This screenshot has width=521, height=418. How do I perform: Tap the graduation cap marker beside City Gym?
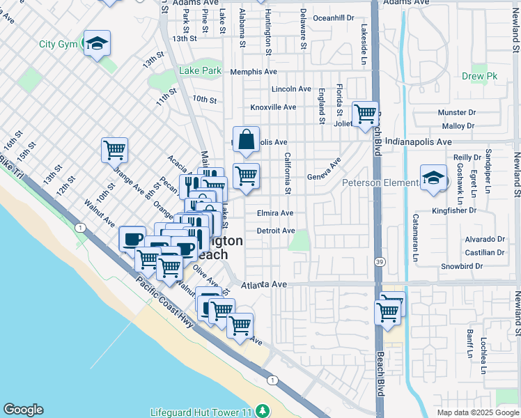[98, 44]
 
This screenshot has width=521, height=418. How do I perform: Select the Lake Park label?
[200, 70]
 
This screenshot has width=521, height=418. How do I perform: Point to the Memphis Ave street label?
[254, 72]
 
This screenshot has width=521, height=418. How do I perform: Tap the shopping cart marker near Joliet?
[365, 114]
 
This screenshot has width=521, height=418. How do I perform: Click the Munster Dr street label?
[456, 112]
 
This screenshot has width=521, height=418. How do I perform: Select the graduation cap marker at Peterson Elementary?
[433, 179]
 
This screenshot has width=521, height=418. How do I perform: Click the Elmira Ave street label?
[275, 213]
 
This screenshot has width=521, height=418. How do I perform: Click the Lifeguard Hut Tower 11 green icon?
[262, 411]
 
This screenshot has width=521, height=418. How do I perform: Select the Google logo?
[23, 410]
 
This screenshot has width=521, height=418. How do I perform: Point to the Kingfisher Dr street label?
[453, 210]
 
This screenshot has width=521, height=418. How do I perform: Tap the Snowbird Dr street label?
[462, 266]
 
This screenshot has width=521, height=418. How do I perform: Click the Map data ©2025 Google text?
[477, 412]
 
